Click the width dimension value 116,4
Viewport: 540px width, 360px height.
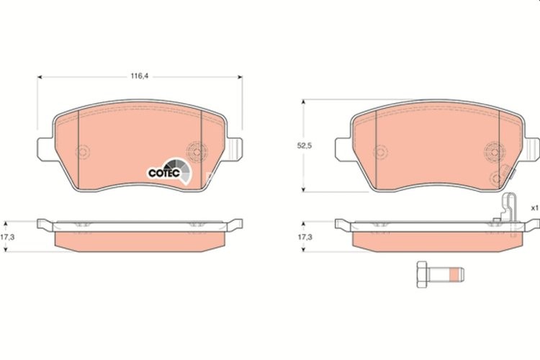tap(139, 73)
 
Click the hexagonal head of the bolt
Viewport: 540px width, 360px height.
tap(422, 274)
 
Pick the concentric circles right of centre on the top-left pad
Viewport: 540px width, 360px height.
tap(194, 152)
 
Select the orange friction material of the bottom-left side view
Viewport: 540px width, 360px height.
tap(141, 240)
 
